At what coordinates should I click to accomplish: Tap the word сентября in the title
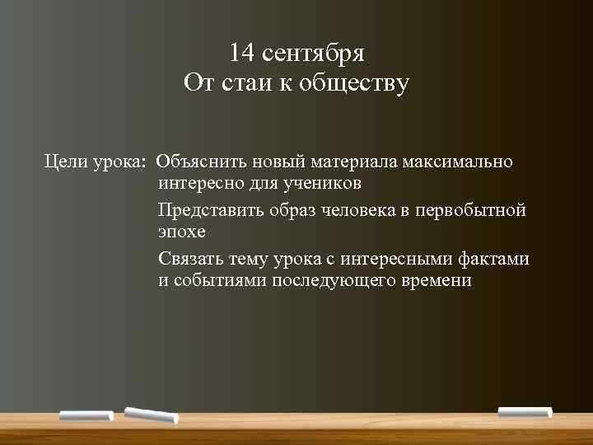coord(309,54)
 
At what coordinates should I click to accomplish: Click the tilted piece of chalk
coord(152,415)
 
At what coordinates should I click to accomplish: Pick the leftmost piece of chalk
coord(86,415)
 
